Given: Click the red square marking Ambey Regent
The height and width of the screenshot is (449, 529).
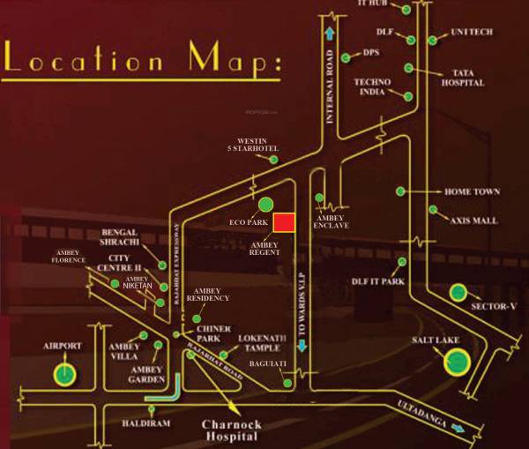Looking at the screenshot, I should [283, 222].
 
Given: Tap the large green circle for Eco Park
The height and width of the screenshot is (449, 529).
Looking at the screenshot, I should [265, 206].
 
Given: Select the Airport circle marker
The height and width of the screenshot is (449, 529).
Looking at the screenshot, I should [64, 373].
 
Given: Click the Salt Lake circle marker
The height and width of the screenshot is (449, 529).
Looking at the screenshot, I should [457, 360].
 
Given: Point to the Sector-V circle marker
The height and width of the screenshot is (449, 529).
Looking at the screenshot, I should [458, 292].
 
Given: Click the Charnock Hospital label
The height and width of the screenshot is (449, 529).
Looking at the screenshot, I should [231, 430].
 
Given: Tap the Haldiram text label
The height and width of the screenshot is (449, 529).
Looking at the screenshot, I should [145, 423].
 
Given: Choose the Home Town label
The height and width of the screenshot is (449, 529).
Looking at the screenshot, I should [472, 191].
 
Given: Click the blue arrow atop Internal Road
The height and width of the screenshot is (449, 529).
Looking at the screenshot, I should [330, 34].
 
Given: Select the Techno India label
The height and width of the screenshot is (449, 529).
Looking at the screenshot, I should [372, 86].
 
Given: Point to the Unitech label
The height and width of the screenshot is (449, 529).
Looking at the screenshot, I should [473, 32].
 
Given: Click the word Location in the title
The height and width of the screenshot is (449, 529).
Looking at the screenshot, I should [84, 62].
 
